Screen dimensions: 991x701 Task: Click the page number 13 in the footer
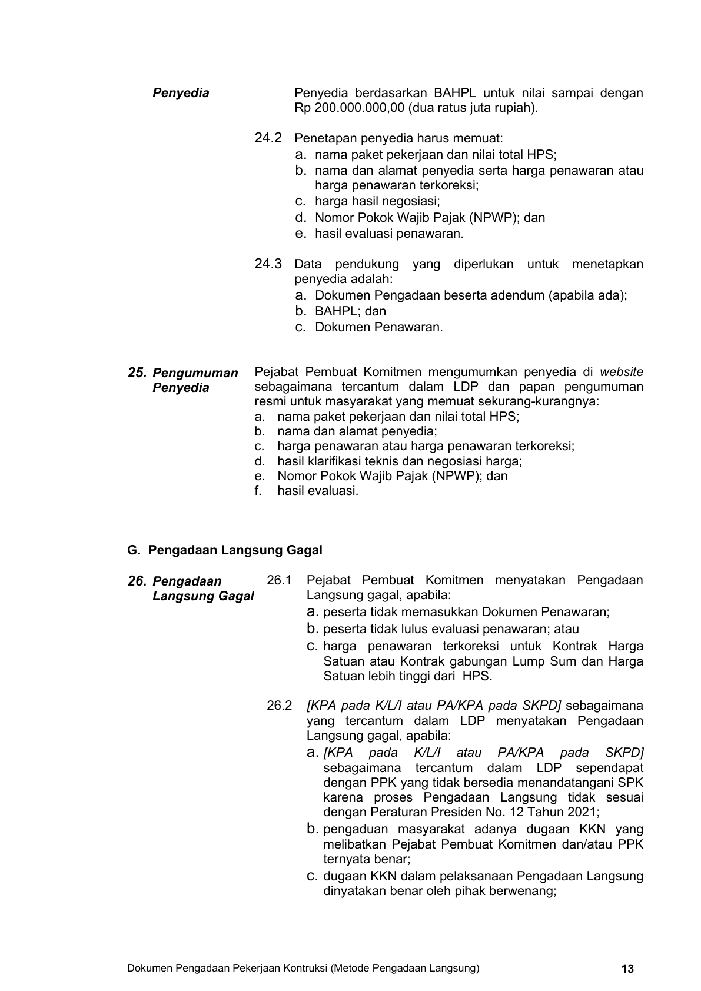[x=627, y=969]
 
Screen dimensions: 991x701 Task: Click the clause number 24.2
[x=268, y=138]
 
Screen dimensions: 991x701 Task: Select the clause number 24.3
[x=268, y=264]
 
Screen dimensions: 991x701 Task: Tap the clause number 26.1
[x=279, y=580]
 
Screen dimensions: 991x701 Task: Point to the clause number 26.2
[x=279, y=705]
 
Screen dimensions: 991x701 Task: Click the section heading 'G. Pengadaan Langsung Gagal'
[x=225, y=550]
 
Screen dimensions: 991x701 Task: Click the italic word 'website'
[x=621, y=372]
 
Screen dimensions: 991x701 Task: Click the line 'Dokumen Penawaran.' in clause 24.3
[x=378, y=327]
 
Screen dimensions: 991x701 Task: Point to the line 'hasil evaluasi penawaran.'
[x=389, y=234]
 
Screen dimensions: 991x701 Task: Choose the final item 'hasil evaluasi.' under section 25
[x=318, y=491]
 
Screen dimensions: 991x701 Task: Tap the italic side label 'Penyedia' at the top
[x=181, y=93]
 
